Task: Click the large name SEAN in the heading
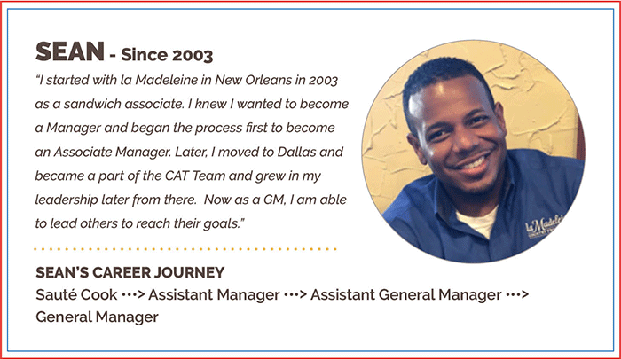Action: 70,52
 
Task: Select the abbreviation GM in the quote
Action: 274,200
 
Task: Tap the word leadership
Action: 67,200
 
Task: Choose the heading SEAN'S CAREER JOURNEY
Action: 130,272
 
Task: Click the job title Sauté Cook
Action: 76,294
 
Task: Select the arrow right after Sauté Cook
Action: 133,294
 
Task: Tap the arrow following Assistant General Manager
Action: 517,294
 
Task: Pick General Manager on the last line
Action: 97,317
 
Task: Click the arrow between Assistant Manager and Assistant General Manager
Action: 295,294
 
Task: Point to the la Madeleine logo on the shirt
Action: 545,227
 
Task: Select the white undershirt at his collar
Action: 477,222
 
